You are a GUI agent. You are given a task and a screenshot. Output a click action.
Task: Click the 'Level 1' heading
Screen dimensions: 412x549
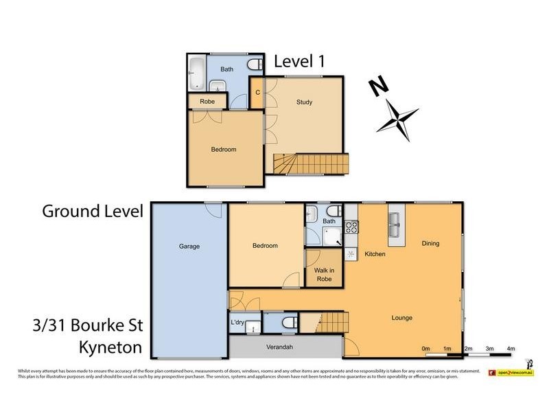[299, 61]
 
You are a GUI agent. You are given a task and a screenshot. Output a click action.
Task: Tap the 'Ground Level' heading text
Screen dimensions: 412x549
[93, 211]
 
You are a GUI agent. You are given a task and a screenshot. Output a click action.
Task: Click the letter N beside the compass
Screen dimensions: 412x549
[377, 87]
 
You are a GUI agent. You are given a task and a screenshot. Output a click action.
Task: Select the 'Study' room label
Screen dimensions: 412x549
[304, 102]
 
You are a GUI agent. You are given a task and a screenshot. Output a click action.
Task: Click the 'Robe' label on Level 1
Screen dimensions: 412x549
[207, 102]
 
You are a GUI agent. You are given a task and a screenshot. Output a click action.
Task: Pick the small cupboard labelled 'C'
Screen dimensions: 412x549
[257, 92]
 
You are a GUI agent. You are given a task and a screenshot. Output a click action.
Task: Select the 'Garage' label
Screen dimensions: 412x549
[189, 246]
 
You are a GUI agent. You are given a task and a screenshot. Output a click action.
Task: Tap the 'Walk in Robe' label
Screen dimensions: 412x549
[323, 275]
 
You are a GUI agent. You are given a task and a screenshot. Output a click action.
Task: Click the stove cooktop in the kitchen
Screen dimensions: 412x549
[351, 226]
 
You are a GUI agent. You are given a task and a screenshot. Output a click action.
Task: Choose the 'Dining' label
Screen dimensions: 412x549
[430, 243]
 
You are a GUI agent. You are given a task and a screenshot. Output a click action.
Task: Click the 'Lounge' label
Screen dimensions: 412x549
[401, 318]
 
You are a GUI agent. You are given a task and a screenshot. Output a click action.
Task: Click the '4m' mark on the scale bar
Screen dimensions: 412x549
[511, 349]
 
